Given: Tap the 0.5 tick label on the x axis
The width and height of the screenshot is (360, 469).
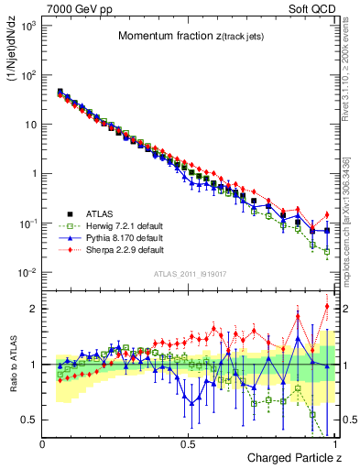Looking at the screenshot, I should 188,443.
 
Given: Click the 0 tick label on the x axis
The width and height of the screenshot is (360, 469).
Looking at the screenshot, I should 43,443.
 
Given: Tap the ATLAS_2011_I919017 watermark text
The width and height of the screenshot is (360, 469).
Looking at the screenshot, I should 188,274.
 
